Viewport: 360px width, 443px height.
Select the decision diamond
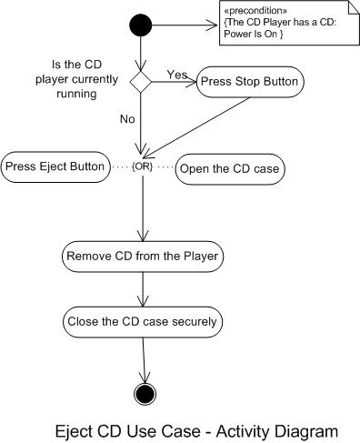click(142, 82)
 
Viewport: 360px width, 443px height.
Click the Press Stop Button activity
click(251, 82)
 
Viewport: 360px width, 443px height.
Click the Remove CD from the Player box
click(143, 257)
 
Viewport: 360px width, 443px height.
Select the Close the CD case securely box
click(143, 321)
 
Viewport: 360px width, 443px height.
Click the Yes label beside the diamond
click(176, 73)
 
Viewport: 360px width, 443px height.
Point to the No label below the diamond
click(128, 118)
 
